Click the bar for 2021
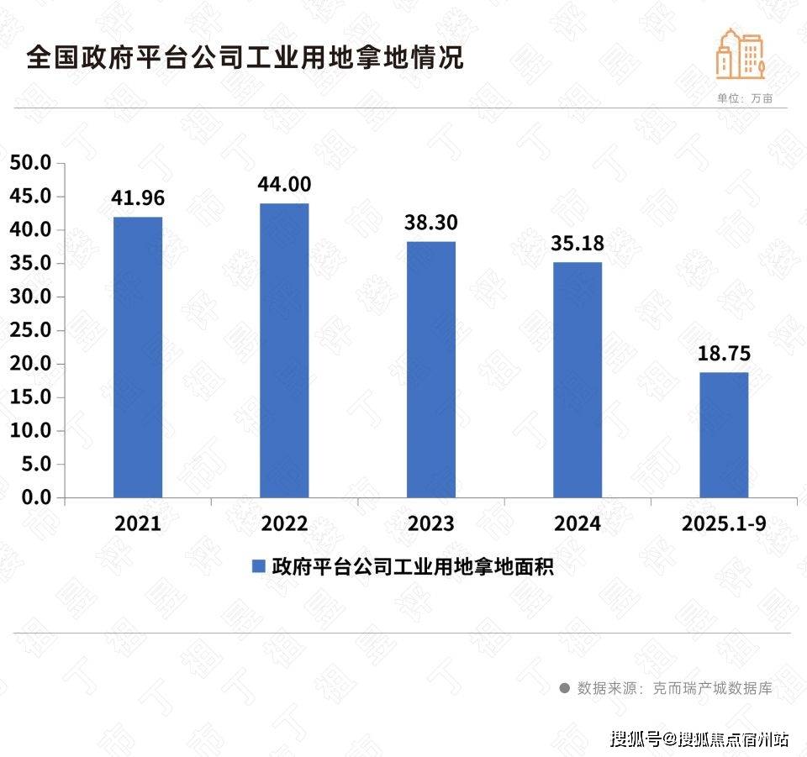pyautogui.click(x=138, y=357)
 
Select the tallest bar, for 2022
pyautogui.click(x=284, y=350)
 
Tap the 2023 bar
pyautogui.click(x=431, y=370)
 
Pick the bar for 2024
pyautogui.click(x=578, y=380)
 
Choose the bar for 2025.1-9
pyautogui.click(x=724, y=434)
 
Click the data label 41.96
pyautogui.click(x=138, y=198)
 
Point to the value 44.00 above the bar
pyautogui.click(x=285, y=184)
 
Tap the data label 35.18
pyautogui.click(x=578, y=244)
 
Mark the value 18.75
pyautogui.click(x=724, y=353)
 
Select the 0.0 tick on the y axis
pyautogui.click(x=37, y=497)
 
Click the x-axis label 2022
pyautogui.click(x=284, y=523)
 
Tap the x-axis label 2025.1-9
pyautogui.click(x=724, y=523)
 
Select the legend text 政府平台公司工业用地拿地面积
pyautogui.click(x=412, y=566)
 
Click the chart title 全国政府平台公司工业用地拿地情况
pyautogui.click(x=245, y=60)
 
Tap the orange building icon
pyautogui.click(x=739, y=53)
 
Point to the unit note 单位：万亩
pyautogui.click(x=744, y=98)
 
